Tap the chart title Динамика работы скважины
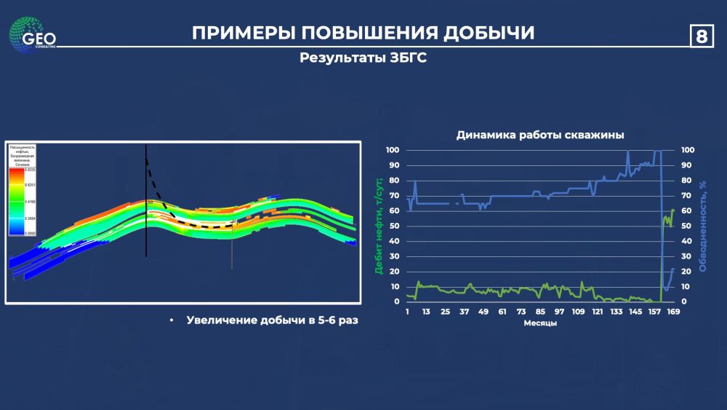pyautogui.click(x=539, y=135)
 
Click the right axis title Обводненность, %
pyautogui.click(x=703, y=226)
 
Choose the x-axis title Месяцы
pyautogui.click(x=540, y=323)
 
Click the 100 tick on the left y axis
pyautogui.click(x=393, y=150)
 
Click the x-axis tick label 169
pyautogui.click(x=673, y=312)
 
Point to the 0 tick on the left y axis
pyautogui.click(x=397, y=301)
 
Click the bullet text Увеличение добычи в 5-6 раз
pyautogui.click(x=273, y=320)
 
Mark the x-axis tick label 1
pyautogui.click(x=408, y=312)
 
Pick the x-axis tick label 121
pyautogui.click(x=597, y=312)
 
